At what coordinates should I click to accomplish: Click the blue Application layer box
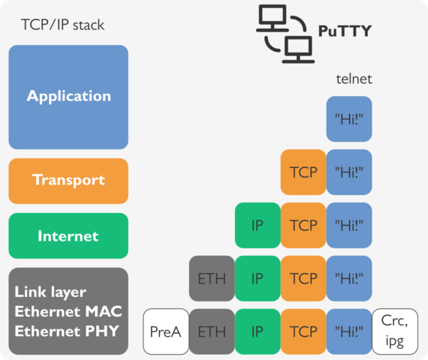click(x=68, y=97)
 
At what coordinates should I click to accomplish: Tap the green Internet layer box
click(x=68, y=236)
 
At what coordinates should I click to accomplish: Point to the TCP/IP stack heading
click(x=62, y=25)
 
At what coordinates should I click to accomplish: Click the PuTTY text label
click(x=345, y=31)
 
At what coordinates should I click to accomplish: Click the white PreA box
click(x=166, y=331)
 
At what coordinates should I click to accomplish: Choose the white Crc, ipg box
click(x=394, y=331)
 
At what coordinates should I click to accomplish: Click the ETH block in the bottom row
click(x=212, y=331)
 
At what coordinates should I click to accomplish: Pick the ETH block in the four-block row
click(x=212, y=278)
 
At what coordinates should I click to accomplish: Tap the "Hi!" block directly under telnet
click(x=349, y=118)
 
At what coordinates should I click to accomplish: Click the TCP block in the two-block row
click(x=303, y=172)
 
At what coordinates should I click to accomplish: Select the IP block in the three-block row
click(x=258, y=225)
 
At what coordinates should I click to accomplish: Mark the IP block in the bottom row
click(x=258, y=331)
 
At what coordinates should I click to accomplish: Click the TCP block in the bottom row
click(x=303, y=331)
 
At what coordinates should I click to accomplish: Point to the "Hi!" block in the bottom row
click(x=349, y=331)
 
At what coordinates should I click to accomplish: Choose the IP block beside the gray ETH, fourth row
click(x=258, y=278)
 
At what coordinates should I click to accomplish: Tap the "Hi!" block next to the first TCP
click(x=349, y=172)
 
